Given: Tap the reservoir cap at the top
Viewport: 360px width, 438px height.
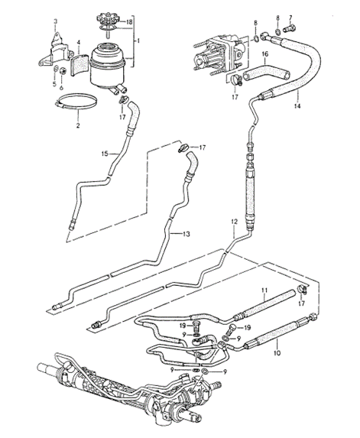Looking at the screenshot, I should coord(107,18).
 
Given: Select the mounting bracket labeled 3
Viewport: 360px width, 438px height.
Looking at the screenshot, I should coord(54,50).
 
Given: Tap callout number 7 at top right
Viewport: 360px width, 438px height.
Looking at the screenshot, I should coord(289,16).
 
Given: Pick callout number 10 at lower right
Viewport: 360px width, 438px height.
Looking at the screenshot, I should coord(277,354).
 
